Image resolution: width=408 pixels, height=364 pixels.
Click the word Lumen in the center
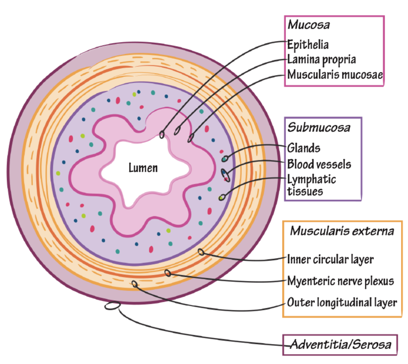click(x=143, y=168)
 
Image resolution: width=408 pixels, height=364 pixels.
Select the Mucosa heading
click(x=309, y=25)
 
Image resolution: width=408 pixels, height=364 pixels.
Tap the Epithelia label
click(x=308, y=45)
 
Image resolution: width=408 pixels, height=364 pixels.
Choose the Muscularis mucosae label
click(x=335, y=75)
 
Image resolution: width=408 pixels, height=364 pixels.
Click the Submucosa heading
click(x=319, y=127)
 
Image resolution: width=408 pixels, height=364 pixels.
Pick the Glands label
click(x=304, y=148)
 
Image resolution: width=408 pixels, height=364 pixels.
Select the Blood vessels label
click(x=319, y=164)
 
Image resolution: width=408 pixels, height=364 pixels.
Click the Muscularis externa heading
click(x=342, y=231)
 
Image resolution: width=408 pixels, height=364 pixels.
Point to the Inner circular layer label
click(x=330, y=260)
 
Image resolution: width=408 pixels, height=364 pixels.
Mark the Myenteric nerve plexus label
click(x=340, y=281)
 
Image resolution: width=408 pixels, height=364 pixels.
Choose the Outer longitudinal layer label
click(x=342, y=302)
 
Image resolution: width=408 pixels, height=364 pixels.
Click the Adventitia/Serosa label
click(x=340, y=344)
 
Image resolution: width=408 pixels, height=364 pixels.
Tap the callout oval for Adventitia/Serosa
click(x=112, y=306)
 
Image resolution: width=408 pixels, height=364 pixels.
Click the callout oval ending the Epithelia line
click(x=162, y=134)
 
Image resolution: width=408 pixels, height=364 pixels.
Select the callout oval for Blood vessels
click(x=225, y=175)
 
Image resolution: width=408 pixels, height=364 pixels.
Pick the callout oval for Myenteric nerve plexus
click(x=168, y=273)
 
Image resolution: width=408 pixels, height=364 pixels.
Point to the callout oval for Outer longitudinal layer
click(x=135, y=284)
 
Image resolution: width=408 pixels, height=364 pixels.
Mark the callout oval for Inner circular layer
click(x=201, y=252)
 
